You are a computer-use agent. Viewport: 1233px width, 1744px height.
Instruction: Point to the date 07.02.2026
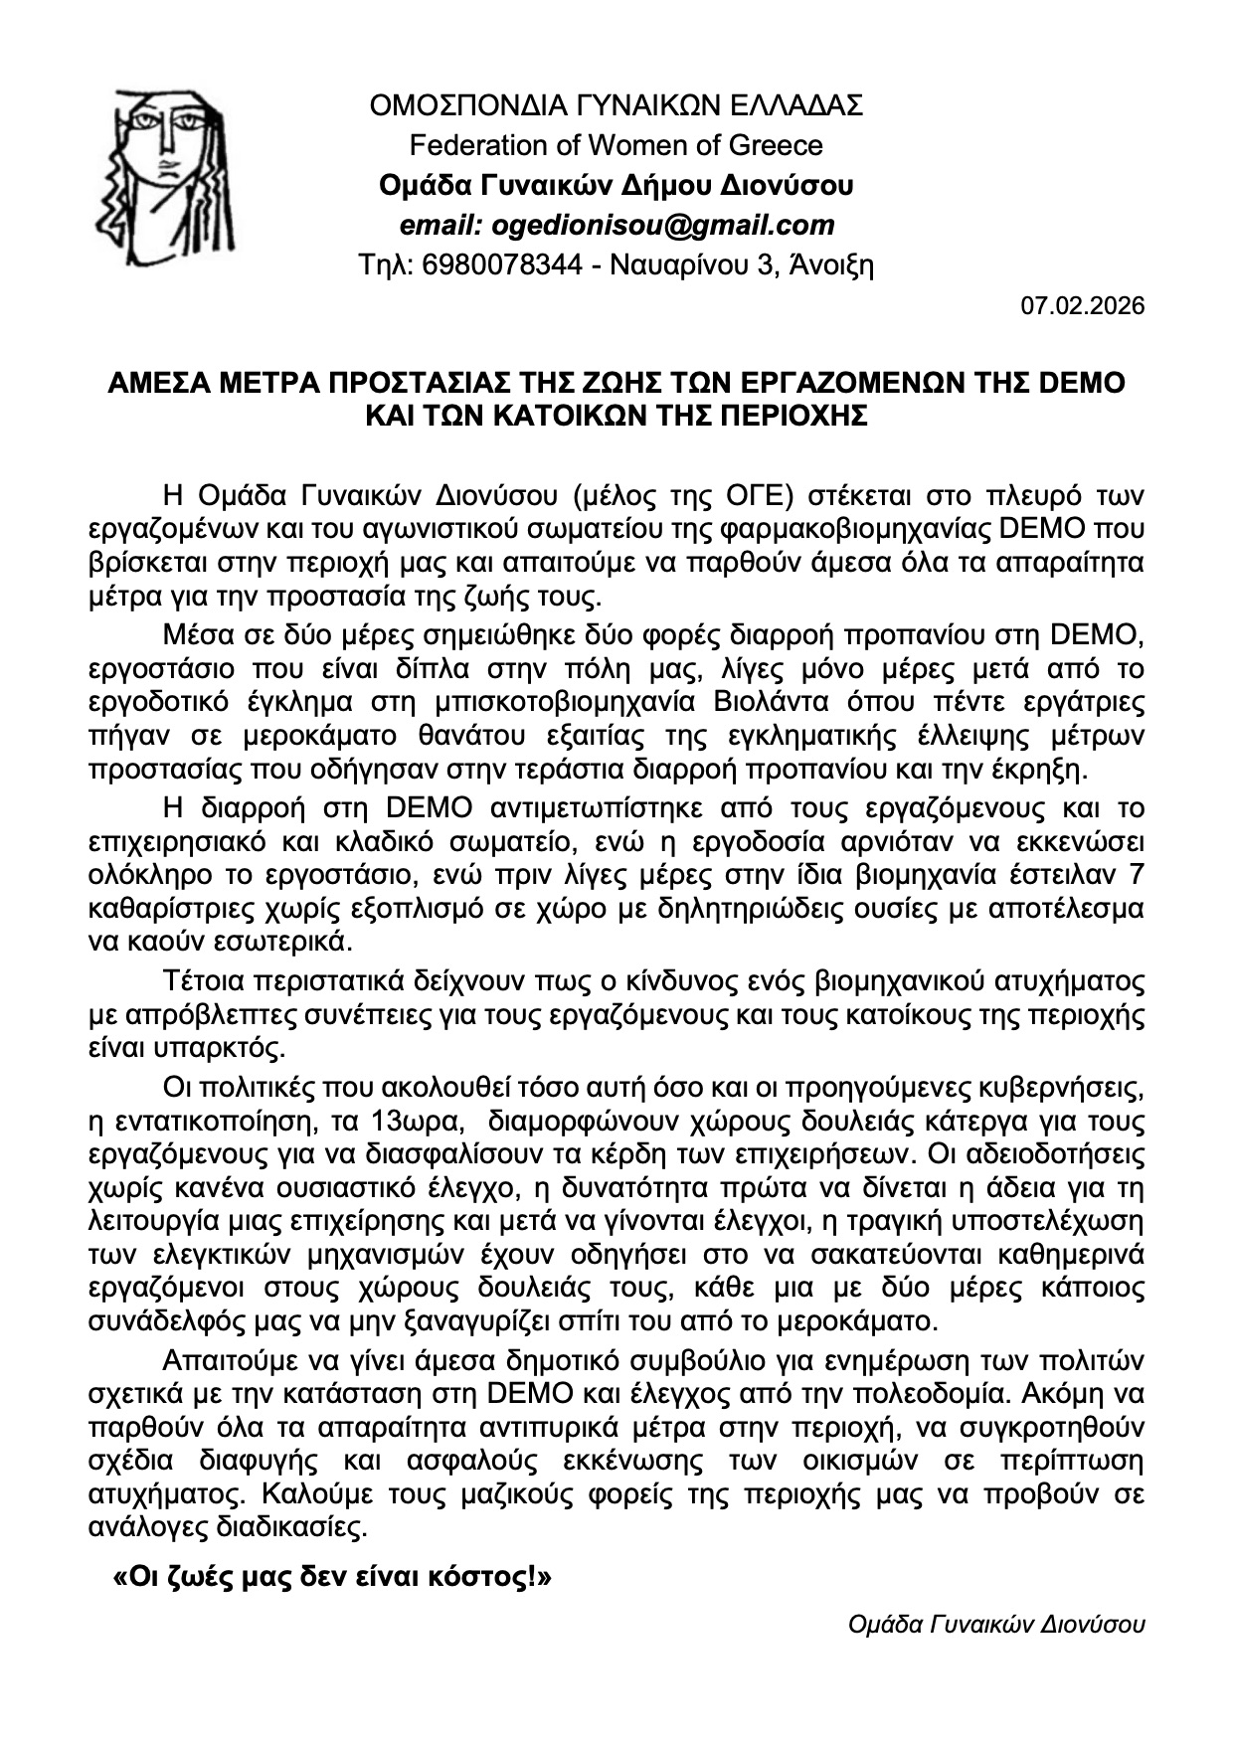pyautogui.click(x=1083, y=305)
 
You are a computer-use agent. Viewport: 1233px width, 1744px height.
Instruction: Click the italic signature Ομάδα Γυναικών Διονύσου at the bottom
pyautogui.click(x=996, y=1625)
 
